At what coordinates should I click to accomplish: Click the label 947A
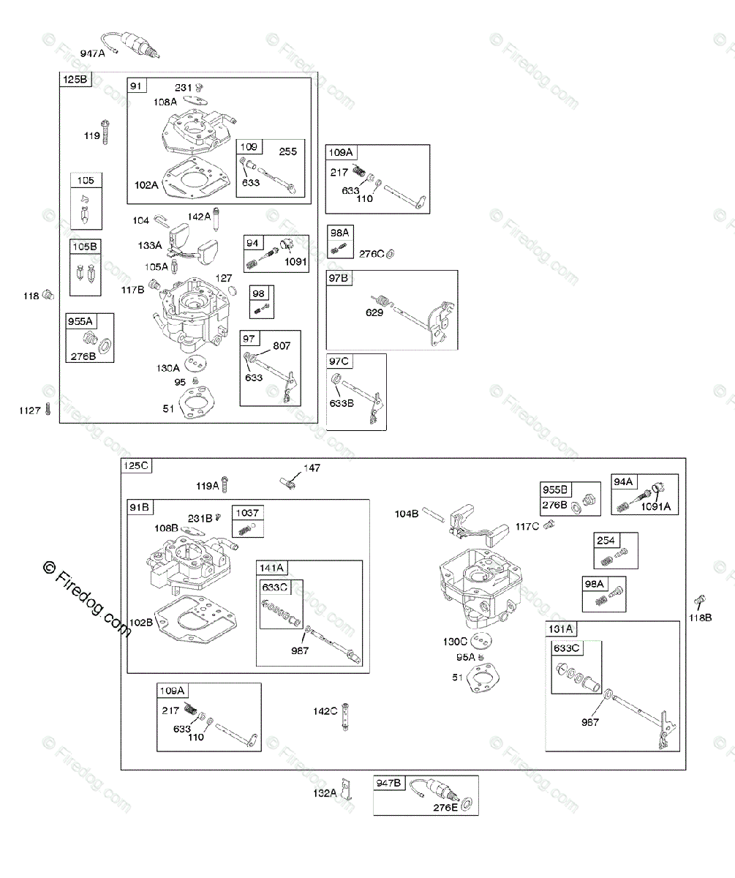tap(93, 53)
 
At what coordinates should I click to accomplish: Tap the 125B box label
tap(75, 80)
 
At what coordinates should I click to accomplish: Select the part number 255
tap(288, 151)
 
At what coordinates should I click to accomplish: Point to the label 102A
tap(146, 185)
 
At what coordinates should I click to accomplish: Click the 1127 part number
tap(30, 410)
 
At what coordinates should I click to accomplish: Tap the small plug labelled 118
tap(49, 295)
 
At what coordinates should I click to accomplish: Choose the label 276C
tap(371, 254)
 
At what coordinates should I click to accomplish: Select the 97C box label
tap(340, 361)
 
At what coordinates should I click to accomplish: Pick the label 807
tap(282, 345)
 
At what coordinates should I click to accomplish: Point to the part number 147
tap(312, 468)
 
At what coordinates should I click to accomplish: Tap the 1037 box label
tap(247, 512)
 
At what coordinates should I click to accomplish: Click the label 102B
tap(141, 623)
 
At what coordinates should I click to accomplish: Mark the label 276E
tap(444, 807)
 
